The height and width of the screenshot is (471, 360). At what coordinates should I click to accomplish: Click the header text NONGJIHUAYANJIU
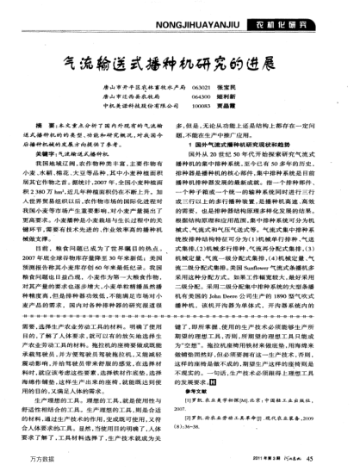point(229,11)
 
